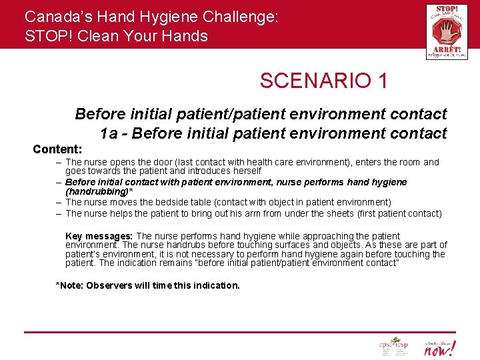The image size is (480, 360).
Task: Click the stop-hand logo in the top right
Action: (x=446, y=31)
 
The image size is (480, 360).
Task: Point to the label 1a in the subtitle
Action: (x=110, y=133)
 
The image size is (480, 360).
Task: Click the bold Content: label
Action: (x=57, y=149)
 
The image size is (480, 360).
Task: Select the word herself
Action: (x=243, y=171)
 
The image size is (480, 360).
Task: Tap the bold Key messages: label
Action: (x=99, y=236)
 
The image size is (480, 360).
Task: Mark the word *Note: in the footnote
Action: (x=70, y=285)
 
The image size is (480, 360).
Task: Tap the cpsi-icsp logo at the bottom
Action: (x=393, y=347)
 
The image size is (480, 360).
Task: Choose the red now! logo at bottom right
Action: (x=441, y=347)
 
